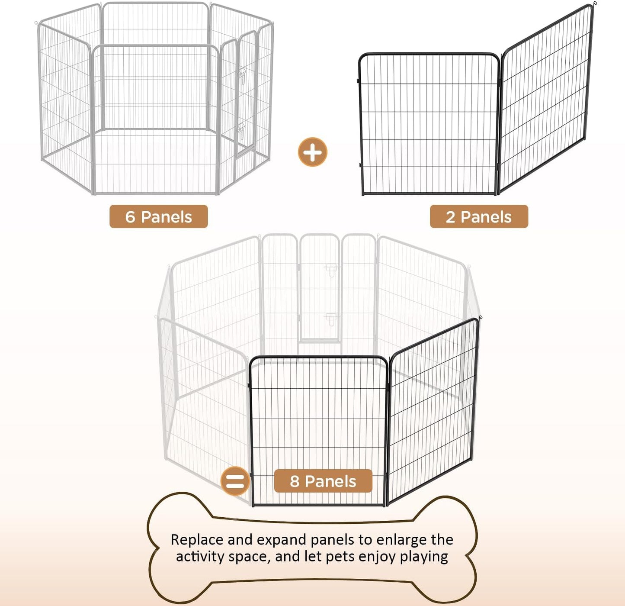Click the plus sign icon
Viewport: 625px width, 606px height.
pyautogui.click(x=312, y=152)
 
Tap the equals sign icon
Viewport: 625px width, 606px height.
pyautogui.click(x=235, y=481)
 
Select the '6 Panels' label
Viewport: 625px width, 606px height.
pyautogui.click(x=158, y=216)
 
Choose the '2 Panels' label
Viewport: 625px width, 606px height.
pyautogui.click(x=479, y=216)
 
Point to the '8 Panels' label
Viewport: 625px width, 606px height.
pyautogui.click(x=323, y=481)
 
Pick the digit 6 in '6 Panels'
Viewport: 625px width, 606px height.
pyautogui.click(x=130, y=217)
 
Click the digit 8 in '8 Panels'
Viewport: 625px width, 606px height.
pyautogui.click(x=295, y=481)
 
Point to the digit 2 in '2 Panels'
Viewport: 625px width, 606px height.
pyautogui.click(x=451, y=217)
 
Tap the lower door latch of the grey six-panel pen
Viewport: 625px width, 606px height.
pyautogui.click(x=241, y=129)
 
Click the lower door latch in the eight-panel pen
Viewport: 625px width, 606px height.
pyautogui.click(x=331, y=319)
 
